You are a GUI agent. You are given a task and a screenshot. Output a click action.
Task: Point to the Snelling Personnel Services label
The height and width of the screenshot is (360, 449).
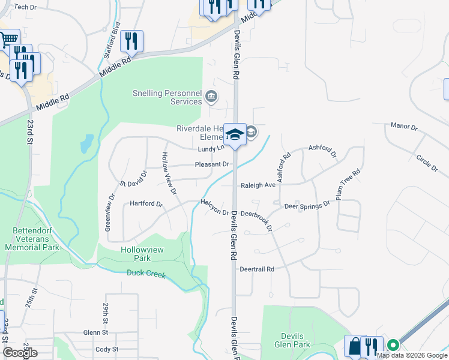167,97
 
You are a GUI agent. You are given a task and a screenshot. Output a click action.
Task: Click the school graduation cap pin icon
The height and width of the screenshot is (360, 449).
235,134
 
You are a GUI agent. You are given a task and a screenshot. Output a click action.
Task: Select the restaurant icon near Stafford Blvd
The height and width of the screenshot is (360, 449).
131,41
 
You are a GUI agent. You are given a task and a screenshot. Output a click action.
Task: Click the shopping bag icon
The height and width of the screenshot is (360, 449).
355,346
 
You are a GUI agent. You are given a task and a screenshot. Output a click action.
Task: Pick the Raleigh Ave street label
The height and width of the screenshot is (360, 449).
258,185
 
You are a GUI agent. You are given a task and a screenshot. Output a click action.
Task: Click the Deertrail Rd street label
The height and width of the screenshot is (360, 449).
256,269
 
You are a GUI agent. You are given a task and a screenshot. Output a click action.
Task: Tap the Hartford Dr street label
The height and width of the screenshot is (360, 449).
146,204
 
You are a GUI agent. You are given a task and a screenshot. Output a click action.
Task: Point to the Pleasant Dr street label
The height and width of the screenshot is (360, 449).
212,164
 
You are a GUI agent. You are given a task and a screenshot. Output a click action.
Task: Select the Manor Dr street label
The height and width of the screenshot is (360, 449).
403,127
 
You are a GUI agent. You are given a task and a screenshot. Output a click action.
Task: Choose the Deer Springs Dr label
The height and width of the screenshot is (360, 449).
307,205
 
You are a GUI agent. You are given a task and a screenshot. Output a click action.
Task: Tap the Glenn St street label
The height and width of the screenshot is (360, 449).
95,332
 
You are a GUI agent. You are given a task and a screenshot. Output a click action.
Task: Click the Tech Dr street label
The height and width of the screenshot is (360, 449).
25,7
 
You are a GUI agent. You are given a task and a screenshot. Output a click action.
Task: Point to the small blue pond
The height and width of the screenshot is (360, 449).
87,143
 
